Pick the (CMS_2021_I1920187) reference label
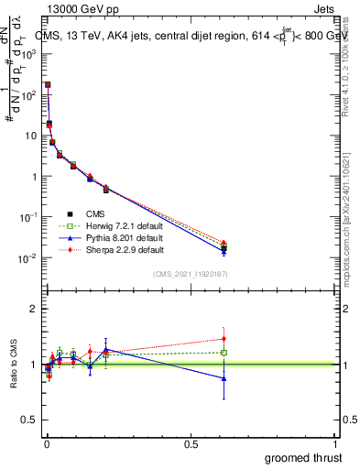(190, 273)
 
